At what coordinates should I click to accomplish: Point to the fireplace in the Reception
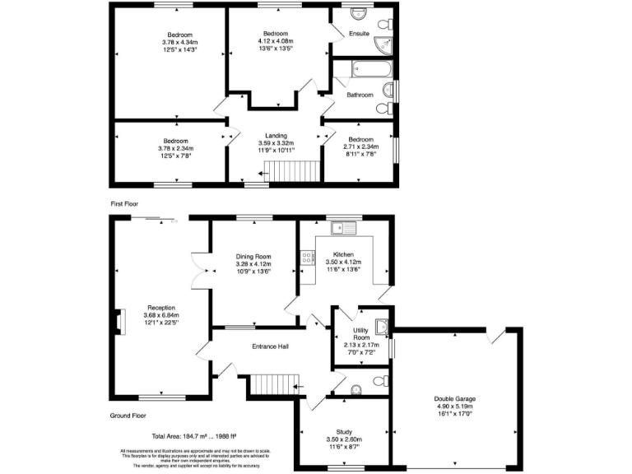click(x=120, y=322)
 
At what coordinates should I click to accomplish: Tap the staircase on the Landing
click(x=295, y=170)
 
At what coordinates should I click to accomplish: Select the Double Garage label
click(x=455, y=400)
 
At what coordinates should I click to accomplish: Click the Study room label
click(x=344, y=431)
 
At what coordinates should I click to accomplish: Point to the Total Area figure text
click(x=200, y=436)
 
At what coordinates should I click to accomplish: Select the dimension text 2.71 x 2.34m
click(x=360, y=147)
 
